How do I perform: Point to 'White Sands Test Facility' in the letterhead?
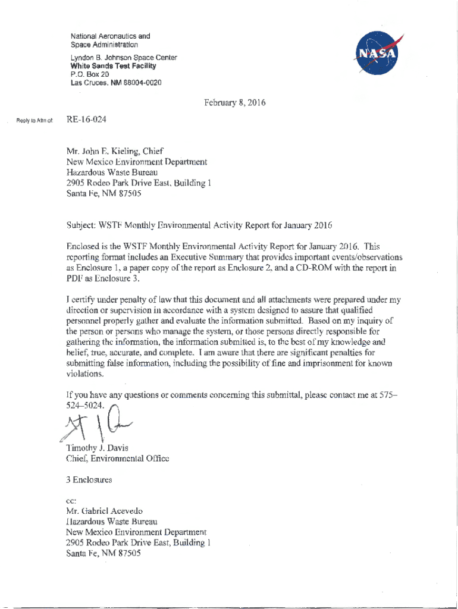(105, 66)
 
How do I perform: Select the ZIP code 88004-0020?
(142, 83)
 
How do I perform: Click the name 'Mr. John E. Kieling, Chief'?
(115, 151)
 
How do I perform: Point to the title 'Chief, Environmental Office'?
(118, 459)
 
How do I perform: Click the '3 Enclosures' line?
(89, 479)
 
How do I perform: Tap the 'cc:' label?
(72, 501)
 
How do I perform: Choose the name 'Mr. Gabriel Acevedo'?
(105, 511)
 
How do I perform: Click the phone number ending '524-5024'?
(86, 406)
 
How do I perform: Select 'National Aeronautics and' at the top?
(110, 36)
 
